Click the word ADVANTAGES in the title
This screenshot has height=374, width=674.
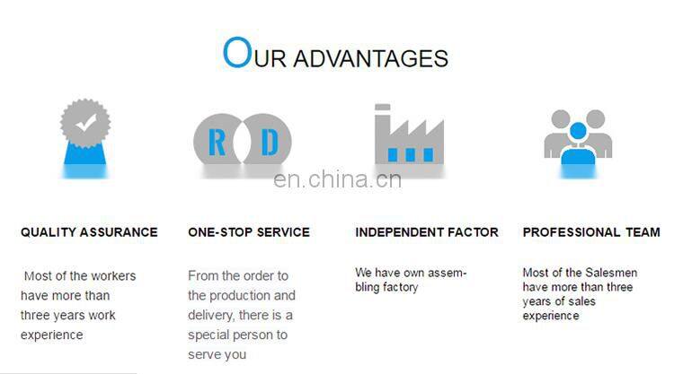370,59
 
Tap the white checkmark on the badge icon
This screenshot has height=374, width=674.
84,124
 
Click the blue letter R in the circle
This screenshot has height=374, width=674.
216,142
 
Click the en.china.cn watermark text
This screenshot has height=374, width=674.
337,179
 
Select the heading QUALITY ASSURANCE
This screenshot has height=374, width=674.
89,232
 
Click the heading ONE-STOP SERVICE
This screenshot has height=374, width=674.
249,232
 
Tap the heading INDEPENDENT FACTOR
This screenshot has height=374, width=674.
426,232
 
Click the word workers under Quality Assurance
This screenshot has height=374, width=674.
113,276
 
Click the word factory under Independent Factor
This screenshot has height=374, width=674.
401,287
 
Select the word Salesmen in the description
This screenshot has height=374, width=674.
607,272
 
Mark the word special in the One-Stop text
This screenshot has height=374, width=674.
209,335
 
